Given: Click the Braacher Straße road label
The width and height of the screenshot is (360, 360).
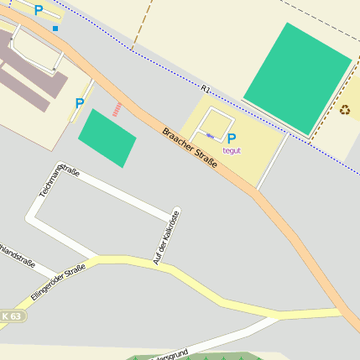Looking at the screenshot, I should [190, 148].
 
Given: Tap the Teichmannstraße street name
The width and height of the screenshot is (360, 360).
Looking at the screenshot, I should [60, 182].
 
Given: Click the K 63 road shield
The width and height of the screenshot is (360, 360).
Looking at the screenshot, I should [11, 316].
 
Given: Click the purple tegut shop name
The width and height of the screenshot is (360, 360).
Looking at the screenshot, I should [232, 151].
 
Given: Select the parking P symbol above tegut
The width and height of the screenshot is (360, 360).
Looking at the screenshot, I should [232, 138].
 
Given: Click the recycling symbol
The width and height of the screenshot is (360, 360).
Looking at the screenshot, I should [345, 108].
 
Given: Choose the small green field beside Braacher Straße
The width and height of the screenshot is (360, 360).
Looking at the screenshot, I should [107, 138].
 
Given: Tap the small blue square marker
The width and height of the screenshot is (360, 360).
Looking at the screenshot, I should [56, 29].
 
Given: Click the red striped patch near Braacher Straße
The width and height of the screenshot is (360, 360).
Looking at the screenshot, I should [117, 109].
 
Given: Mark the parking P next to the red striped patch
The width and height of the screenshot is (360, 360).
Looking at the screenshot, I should [80, 103].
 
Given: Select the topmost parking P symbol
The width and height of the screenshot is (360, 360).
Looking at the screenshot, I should [38, 10].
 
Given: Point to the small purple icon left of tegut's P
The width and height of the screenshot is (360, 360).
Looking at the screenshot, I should [209, 135].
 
